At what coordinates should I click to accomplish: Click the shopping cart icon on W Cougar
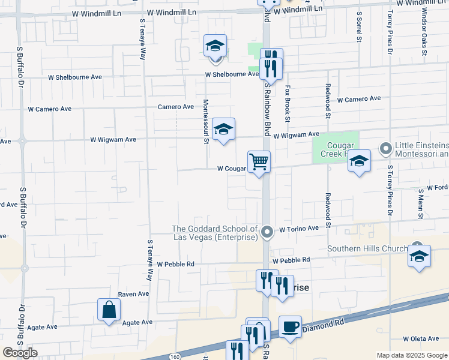259,161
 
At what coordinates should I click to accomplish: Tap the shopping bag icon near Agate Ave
109,310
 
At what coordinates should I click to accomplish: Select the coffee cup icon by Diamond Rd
290,327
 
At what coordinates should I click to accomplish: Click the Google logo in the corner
20,353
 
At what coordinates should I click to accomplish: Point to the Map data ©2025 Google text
411,355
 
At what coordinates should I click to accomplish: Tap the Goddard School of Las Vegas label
215,233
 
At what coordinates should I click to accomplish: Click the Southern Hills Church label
366,248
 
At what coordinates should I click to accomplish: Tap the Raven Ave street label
133,294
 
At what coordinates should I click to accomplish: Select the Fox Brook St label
288,103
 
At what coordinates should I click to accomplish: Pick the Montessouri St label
205,121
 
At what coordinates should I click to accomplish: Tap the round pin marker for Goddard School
268,231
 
